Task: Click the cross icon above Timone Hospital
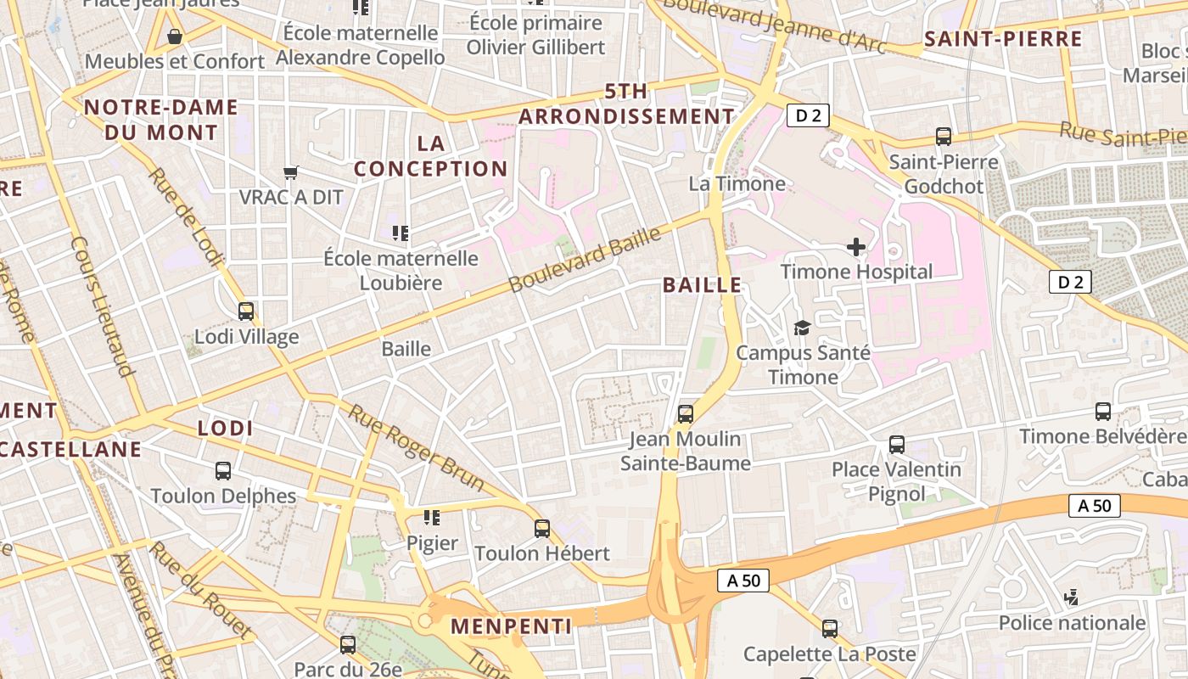coord(856,247)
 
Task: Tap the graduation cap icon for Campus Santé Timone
coord(802,328)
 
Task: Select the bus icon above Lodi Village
coord(246,311)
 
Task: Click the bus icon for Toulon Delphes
coord(223,471)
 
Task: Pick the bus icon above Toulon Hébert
coord(542,529)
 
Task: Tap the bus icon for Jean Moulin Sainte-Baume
coord(686,414)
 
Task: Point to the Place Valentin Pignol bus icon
coord(897,444)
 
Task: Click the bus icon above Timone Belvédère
coord(1103,412)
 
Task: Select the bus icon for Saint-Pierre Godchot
coord(943,137)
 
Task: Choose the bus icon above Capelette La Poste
coord(830,629)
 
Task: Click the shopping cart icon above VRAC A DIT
coord(291,173)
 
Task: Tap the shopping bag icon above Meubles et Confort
coord(175,36)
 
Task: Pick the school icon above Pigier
coord(432,518)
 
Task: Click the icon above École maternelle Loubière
coord(400,233)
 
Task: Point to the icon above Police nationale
coord(1072,598)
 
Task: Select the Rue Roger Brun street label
coord(417,447)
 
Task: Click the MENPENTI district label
coord(511,626)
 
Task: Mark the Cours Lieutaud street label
coord(103,306)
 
